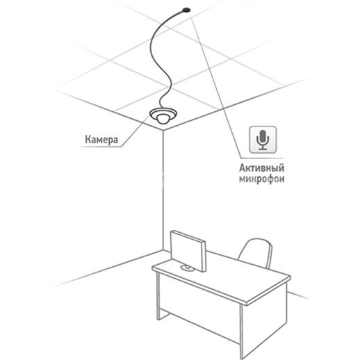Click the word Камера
[x=101, y=140]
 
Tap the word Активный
[x=261, y=168]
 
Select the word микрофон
[x=262, y=179]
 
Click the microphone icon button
[x=263, y=140]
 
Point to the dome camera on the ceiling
[x=163, y=115]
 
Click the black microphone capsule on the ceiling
[x=186, y=10]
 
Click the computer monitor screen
[x=188, y=250]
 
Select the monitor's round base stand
[x=187, y=268]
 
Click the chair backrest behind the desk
[x=255, y=253]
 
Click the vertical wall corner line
[x=163, y=190]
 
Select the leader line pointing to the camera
[x=135, y=131]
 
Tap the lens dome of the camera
[x=163, y=119]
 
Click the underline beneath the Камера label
[x=101, y=147]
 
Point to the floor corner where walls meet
[x=163, y=250]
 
